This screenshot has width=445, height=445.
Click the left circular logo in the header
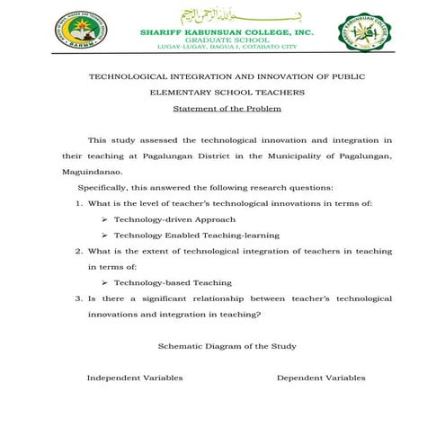click(x=77, y=31)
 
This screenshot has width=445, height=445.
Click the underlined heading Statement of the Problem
click(x=227, y=109)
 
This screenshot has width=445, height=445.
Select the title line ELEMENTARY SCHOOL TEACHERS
click(x=227, y=93)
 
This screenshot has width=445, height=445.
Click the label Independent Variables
click(x=134, y=378)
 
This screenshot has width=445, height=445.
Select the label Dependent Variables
click(x=321, y=378)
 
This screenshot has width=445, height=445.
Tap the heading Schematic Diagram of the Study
click(x=227, y=346)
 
